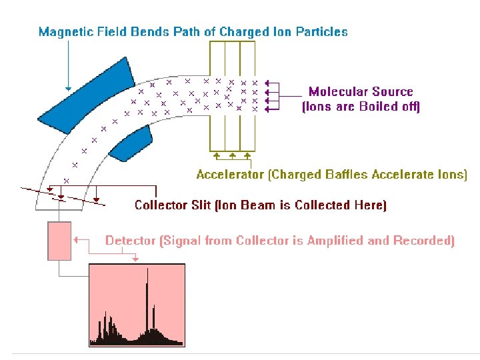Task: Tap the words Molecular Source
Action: point(360,92)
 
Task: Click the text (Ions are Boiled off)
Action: point(361,107)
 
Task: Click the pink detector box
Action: point(59,241)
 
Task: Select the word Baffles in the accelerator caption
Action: point(337,175)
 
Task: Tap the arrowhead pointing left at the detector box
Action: point(76,239)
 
